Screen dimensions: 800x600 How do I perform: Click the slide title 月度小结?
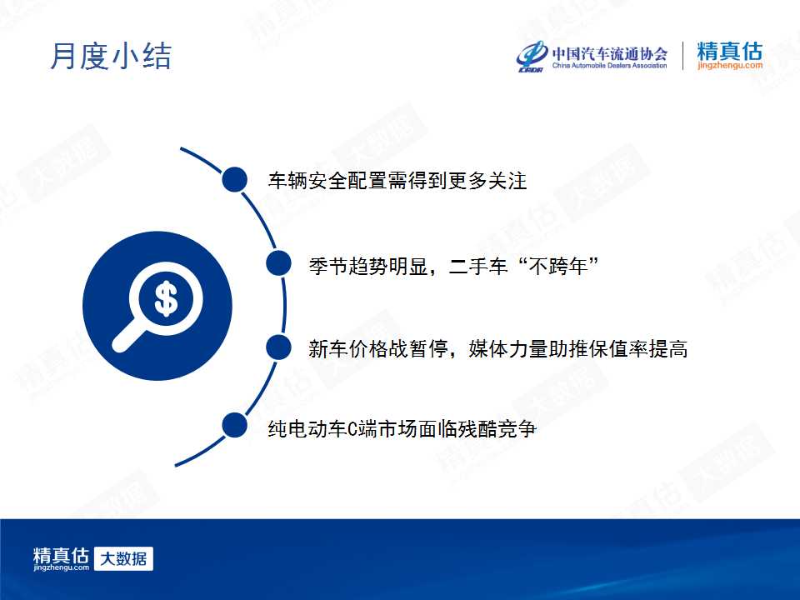click(x=111, y=56)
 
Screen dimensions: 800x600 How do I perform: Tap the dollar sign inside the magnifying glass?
click(x=166, y=298)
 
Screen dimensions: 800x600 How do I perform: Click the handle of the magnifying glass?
click(x=128, y=335)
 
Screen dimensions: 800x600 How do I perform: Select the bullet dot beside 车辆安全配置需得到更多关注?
click(x=235, y=180)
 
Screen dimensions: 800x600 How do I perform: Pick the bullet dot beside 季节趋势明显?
click(x=278, y=263)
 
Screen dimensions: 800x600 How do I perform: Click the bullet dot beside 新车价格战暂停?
click(x=278, y=347)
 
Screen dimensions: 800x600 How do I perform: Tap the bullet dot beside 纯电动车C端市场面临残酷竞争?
click(x=235, y=426)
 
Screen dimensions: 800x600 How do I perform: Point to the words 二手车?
click(x=478, y=266)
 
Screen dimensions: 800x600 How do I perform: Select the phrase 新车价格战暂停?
click(x=378, y=349)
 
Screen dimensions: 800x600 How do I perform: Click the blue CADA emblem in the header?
click(x=532, y=56)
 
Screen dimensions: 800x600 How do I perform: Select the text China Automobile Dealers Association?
click(x=609, y=65)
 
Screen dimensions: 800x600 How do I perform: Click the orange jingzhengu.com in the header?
click(x=730, y=65)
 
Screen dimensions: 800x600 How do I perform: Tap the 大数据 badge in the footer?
click(x=123, y=558)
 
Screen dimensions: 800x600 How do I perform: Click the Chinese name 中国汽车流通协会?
click(x=609, y=53)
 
